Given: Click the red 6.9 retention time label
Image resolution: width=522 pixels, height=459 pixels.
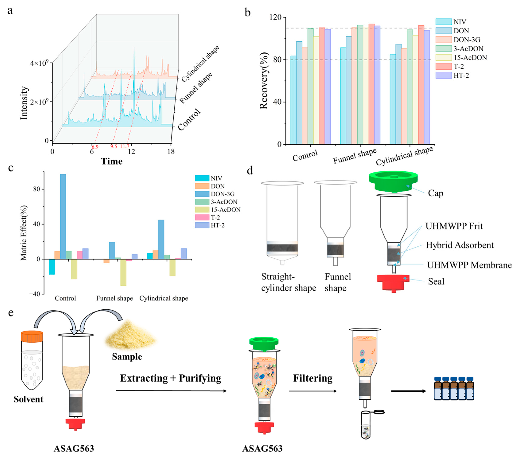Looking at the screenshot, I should point(95,147).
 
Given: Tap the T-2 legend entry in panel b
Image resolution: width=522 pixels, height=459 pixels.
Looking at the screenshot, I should point(458,67).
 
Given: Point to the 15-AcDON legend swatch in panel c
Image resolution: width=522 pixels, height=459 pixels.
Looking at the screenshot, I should point(202,210).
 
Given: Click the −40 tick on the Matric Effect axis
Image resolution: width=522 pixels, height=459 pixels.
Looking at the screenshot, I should point(35,294).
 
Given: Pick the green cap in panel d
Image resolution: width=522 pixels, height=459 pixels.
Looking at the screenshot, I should point(393,181).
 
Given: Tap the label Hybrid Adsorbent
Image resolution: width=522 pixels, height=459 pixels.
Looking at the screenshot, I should point(459,245).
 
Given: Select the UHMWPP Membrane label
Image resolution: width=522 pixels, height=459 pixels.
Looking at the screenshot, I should point(469,265).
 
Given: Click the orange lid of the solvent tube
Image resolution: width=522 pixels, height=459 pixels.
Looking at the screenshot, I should point(32,336).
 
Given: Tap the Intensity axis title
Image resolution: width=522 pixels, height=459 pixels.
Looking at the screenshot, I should point(24,103).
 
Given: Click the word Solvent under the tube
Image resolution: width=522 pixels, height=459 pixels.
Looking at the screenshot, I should point(28,399).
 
